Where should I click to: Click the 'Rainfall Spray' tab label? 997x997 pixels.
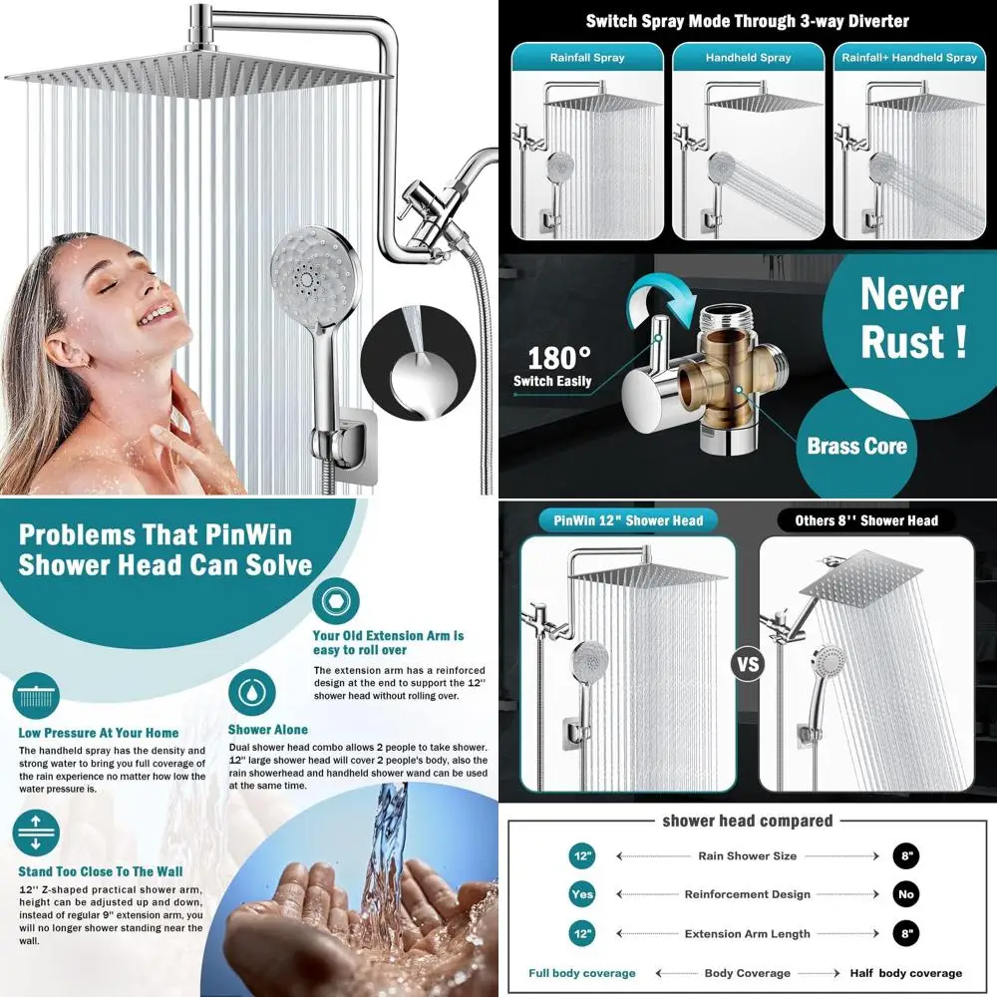(587, 58)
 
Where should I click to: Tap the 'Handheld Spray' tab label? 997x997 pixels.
(748, 58)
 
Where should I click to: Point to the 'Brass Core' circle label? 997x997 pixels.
(857, 446)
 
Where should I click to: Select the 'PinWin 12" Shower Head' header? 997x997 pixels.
(628, 520)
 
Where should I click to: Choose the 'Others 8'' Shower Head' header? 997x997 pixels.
(865, 520)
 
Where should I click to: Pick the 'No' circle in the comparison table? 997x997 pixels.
(905, 894)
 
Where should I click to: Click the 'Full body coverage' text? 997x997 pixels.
(582, 973)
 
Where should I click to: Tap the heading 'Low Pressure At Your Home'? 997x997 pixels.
(99, 733)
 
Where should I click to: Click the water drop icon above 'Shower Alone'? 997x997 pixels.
(246, 692)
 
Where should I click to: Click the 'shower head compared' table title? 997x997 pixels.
(747, 822)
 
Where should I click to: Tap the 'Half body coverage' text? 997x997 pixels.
(905, 973)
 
